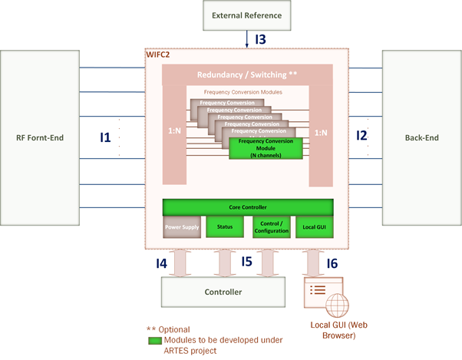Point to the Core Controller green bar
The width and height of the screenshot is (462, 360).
click(x=247, y=207)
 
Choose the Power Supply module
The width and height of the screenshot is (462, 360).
click(x=181, y=226)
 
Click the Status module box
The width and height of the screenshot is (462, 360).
click(x=225, y=226)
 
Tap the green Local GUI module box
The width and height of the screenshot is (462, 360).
click(x=313, y=226)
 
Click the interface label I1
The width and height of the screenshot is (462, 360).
click(x=105, y=137)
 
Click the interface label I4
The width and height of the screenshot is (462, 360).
click(x=161, y=263)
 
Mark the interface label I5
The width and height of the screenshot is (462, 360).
click(x=246, y=262)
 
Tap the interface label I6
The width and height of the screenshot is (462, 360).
click(x=332, y=263)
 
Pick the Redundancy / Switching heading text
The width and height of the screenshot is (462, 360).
click(x=246, y=75)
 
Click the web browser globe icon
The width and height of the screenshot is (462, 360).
click(x=337, y=304)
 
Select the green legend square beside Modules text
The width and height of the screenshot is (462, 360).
click(x=153, y=340)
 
